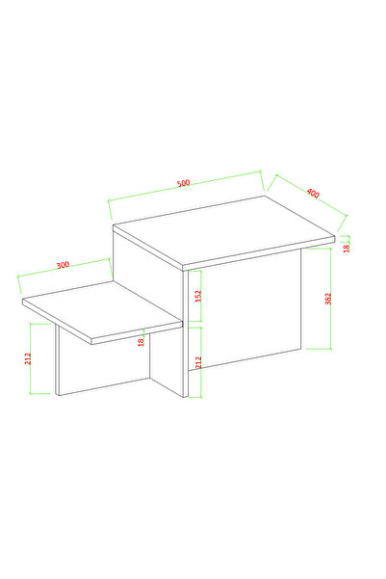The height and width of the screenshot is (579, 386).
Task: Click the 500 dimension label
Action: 184,183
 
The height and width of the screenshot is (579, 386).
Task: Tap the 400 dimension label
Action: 313,193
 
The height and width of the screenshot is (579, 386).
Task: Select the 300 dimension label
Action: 63,265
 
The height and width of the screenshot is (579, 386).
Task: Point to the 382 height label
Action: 328,299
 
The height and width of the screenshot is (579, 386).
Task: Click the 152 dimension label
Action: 198,296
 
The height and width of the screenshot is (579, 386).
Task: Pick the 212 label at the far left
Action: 28,359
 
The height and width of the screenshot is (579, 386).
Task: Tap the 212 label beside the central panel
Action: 198,362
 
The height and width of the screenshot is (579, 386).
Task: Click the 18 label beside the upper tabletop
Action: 347,249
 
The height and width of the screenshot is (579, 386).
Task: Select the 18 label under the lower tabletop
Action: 141,342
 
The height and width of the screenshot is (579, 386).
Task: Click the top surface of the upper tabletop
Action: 224,230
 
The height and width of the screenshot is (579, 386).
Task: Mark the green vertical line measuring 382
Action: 330,299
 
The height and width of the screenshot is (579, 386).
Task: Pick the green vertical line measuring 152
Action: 201,296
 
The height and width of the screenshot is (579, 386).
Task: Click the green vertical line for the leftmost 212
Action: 31,359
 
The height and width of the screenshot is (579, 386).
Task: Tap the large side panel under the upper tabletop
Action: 245,308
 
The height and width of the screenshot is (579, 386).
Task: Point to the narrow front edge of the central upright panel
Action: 186,334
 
